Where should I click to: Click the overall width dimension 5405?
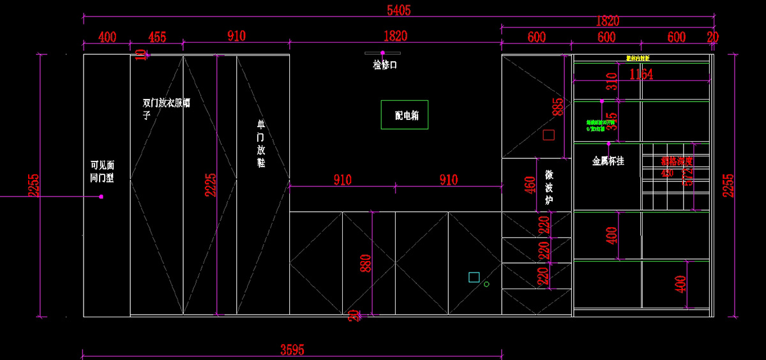[x=399, y=10]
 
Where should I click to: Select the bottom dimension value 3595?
[x=292, y=349]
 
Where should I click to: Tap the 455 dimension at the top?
[x=157, y=37]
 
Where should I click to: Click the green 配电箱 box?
[x=404, y=115]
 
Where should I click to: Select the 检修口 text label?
[x=385, y=64]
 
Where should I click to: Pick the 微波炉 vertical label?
[x=549, y=187]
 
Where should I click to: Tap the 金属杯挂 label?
[x=608, y=161]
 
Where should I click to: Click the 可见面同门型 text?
[x=102, y=172]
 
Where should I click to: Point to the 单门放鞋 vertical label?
[x=260, y=144]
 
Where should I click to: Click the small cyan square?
[x=474, y=277]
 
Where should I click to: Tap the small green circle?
[x=486, y=284]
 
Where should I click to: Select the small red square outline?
[x=548, y=135]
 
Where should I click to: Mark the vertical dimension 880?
[x=366, y=263]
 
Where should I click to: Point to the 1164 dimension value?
[x=641, y=75]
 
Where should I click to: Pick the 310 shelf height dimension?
[x=612, y=82]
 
